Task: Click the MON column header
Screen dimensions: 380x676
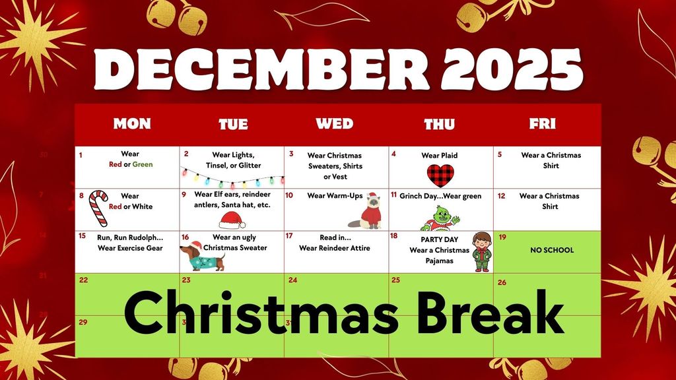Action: click(132, 124)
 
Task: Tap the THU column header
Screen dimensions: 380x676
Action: click(439, 124)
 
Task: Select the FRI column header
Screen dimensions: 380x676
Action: click(542, 124)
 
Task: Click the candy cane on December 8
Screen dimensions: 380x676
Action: click(98, 208)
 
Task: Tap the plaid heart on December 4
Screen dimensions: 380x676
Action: click(440, 175)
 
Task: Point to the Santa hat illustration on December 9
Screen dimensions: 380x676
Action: click(232, 220)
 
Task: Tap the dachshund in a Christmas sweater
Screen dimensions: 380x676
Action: click(202, 257)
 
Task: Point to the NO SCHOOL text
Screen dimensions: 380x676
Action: click(552, 250)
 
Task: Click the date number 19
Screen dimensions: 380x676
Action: click(502, 236)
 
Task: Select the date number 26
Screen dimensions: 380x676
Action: click(502, 282)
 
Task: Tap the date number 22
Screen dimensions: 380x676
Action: click(83, 280)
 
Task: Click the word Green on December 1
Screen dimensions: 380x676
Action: click(142, 165)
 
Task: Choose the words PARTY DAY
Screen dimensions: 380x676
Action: click(439, 239)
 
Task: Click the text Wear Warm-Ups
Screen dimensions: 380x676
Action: click(335, 196)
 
